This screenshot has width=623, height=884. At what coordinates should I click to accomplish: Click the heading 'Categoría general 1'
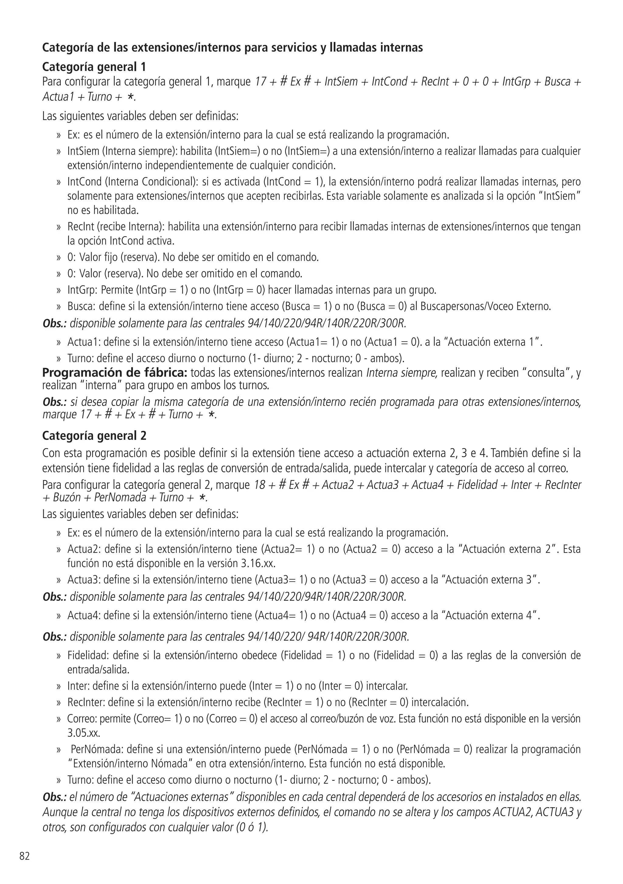point(94,67)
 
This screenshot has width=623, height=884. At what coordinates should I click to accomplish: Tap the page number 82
point(24,856)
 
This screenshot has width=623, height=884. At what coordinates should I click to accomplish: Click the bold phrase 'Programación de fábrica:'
point(114,373)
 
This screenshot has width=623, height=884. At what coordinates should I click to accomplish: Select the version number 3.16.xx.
point(258,563)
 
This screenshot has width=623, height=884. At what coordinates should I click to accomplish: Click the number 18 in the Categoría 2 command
point(260,484)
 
